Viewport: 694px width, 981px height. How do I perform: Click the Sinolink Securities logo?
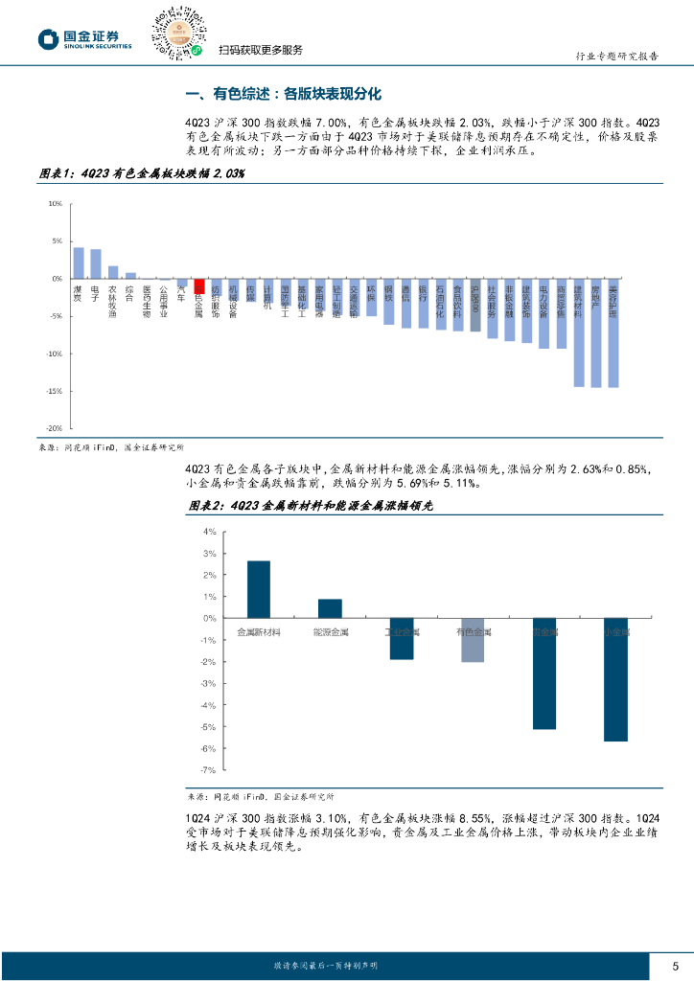(x=86, y=38)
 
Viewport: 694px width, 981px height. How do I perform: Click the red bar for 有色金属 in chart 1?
(x=199, y=285)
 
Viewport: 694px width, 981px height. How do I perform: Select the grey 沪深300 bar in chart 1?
(x=475, y=306)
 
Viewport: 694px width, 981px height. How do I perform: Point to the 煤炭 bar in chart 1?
(x=79, y=263)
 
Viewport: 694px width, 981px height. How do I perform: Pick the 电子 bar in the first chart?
(x=96, y=264)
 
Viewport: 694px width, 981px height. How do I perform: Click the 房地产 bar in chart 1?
(x=596, y=333)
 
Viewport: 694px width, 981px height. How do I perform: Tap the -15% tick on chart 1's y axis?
(x=55, y=392)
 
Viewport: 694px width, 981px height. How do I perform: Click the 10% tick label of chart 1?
(x=55, y=204)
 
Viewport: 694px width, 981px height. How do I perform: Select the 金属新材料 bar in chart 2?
(x=259, y=590)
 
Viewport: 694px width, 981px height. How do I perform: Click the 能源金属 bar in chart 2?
(x=330, y=609)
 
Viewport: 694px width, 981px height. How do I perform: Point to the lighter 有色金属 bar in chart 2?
(x=473, y=641)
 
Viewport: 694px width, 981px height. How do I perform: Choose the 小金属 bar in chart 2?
(x=615, y=680)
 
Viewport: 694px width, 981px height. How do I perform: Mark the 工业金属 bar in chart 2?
(x=402, y=639)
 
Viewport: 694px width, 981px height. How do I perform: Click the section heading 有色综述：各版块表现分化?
(x=283, y=94)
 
